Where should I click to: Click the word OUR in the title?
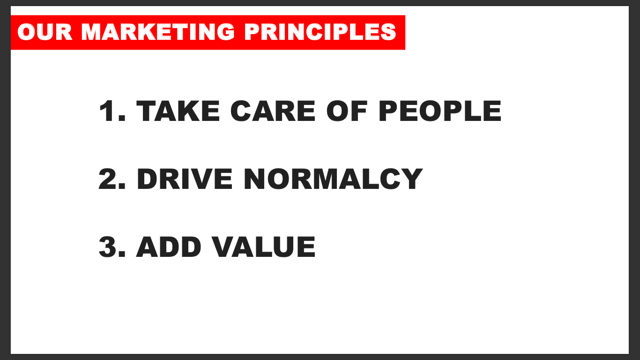pyautogui.click(x=45, y=32)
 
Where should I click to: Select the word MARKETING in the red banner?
pyautogui.click(x=158, y=32)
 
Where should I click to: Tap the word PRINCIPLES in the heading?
pyautogui.click(x=320, y=32)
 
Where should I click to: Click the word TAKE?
pyautogui.click(x=178, y=111)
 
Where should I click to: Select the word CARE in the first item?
pyautogui.click(x=273, y=111)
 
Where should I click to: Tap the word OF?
pyautogui.click(x=347, y=111)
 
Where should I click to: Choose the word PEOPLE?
pyautogui.click(x=440, y=111)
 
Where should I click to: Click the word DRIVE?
pyautogui.click(x=185, y=179)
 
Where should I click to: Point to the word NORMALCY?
pyautogui.click(x=333, y=179)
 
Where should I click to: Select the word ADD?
pyautogui.click(x=169, y=247)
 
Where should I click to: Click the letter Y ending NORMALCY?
pyautogui.click(x=411, y=179)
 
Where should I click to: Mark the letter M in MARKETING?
pyautogui.click(x=92, y=32)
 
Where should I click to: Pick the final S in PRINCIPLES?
pyautogui.click(x=388, y=32)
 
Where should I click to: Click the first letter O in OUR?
pyautogui.click(x=26, y=32)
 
